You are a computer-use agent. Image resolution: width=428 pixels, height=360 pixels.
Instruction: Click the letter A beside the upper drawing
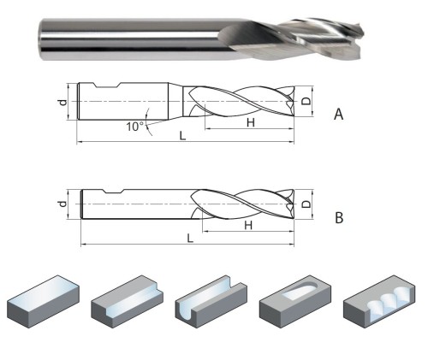(338, 115)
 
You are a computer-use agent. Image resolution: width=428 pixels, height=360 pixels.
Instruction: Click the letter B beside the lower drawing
(339, 218)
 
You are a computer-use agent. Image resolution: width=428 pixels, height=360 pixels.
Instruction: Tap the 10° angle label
(135, 127)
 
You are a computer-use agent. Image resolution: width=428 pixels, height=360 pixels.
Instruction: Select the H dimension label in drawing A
(251, 122)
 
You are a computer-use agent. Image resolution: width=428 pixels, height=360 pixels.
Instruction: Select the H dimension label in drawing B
(248, 226)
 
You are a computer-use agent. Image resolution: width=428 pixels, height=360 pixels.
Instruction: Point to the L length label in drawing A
(182, 135)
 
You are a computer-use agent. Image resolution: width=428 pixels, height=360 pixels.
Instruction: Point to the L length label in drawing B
(190, 238)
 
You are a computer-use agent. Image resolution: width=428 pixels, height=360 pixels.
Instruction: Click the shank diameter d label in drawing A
(63, 102)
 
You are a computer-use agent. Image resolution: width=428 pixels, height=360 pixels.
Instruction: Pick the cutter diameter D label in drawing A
(306, 101)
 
